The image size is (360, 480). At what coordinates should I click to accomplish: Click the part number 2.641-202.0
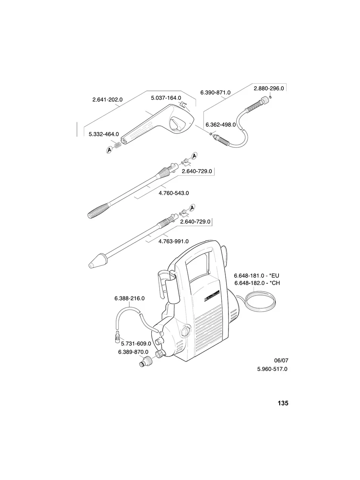tap(107, 100)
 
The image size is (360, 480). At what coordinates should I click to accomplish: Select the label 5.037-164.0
tap(166, 97)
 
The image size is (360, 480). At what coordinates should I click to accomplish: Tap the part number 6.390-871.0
tap(215, 92)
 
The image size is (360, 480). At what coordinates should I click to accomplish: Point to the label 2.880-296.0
tap(269, 88)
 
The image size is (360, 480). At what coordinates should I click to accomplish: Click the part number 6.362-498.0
tap(221, 124)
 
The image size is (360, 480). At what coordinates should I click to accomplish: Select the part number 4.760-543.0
tap(174, 193)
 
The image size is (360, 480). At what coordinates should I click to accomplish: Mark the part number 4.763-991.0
tap(174, 241)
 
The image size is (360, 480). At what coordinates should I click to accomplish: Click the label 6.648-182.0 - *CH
tap(259, 283)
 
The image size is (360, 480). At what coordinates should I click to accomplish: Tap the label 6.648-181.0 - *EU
tap(259, 275)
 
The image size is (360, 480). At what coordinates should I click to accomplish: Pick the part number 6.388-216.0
tap(129, 298)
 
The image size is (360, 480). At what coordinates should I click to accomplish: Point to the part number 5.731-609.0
tap(136, 343)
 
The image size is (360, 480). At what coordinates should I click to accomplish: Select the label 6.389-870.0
tap(133, 352)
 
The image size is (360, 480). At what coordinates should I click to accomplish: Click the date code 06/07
tap(281, 360)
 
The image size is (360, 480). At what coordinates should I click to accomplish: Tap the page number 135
tap(283, 403)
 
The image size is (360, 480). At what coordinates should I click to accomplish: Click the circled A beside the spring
tap(109, 149)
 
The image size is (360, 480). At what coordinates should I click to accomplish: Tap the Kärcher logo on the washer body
tap(211, 296)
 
